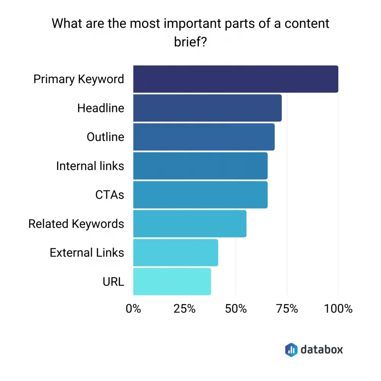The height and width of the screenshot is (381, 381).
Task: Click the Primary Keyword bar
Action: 235,79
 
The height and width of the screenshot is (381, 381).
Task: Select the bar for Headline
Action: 207,108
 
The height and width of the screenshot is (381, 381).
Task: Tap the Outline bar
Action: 204,137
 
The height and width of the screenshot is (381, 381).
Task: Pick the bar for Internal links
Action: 200,166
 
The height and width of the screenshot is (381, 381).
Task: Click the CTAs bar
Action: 200,195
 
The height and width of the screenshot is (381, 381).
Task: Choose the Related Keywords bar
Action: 190,224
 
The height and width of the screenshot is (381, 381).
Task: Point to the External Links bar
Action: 176,253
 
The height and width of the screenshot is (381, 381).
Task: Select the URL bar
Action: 172,282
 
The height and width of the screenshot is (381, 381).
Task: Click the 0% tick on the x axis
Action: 133,309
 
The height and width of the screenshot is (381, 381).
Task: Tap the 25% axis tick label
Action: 184,309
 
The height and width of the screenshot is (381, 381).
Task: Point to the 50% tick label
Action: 236,309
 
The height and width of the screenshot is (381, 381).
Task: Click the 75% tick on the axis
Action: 287,309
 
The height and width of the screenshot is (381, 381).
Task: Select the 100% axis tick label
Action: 338,309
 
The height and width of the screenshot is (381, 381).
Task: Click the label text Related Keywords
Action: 76,224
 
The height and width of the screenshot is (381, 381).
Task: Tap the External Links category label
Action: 87,253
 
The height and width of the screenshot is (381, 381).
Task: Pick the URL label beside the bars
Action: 113,282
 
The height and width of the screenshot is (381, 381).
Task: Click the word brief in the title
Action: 190,42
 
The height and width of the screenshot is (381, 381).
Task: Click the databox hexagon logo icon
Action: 291,349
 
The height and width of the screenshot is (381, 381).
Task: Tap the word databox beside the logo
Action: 322,349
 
